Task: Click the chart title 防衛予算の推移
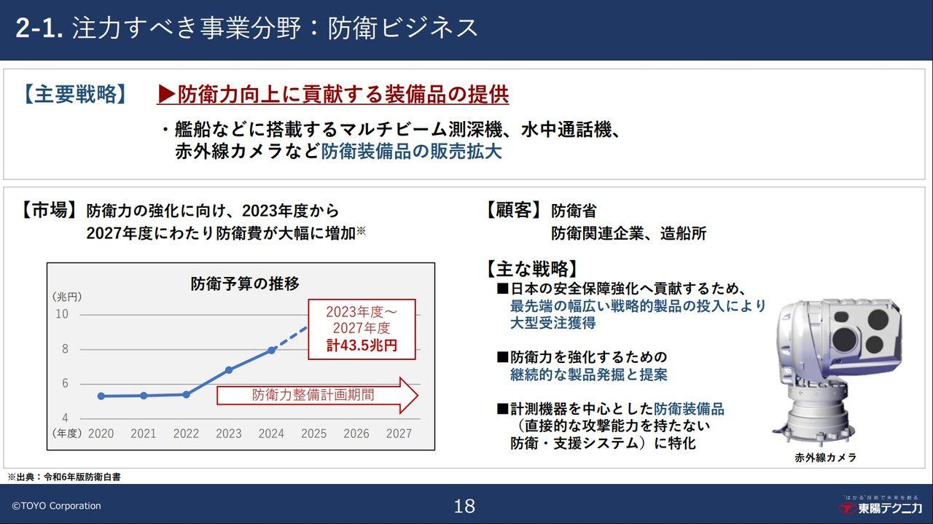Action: pos(245,283)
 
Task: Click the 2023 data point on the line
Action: pos(229,370)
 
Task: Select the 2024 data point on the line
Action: pos(271,350)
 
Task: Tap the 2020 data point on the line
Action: pos(101,396)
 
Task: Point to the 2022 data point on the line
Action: pos(186,394)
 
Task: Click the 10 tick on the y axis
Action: pos(62,314)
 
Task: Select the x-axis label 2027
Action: pos(399,434)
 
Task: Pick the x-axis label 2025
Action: pos(313,434)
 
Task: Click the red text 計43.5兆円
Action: pos(362,345)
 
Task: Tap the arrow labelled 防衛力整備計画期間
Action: pos(317,396)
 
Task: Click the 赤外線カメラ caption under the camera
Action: pos(825,458)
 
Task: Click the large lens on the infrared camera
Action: pos(846,337)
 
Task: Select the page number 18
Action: pos(464,506)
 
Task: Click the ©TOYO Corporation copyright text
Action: pos(56,506)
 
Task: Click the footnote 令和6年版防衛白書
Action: pos(82,477)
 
